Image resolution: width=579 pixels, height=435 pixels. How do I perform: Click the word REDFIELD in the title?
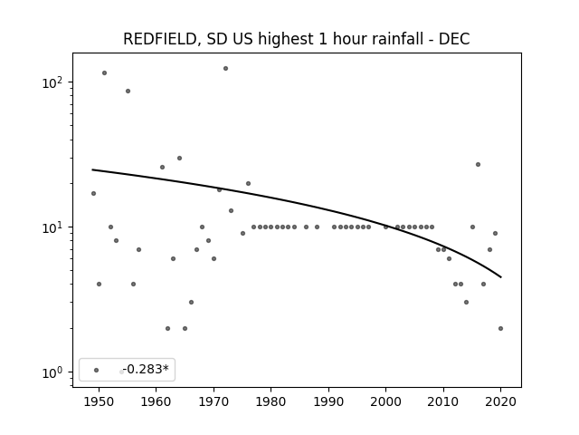(159, 39)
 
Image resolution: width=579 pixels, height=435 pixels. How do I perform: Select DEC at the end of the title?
(454, 39)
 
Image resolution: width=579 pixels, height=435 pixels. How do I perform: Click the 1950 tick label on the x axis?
(99, 401)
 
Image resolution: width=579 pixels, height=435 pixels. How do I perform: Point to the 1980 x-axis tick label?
(271, 401)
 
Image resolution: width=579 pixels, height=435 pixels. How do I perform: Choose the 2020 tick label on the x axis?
(500, 401)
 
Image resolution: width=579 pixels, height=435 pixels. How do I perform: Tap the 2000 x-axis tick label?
(386, 401)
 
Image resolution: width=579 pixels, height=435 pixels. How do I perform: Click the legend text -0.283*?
(146, 369)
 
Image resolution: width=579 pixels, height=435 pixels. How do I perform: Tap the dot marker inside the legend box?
(97, 370)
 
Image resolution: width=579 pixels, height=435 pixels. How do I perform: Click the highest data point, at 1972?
(225, 69)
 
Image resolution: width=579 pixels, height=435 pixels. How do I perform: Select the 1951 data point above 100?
(105, 72)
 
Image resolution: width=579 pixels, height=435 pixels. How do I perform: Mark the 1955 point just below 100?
(128, 91)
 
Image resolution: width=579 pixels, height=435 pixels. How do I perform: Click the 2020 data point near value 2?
(500, 328)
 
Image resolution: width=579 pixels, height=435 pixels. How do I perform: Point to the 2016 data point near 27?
(479, 165)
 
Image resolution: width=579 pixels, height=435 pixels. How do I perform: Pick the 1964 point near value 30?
(179, 159)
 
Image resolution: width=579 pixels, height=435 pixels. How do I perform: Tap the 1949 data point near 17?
(93, 193)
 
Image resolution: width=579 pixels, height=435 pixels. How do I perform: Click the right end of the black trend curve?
(501, 277)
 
